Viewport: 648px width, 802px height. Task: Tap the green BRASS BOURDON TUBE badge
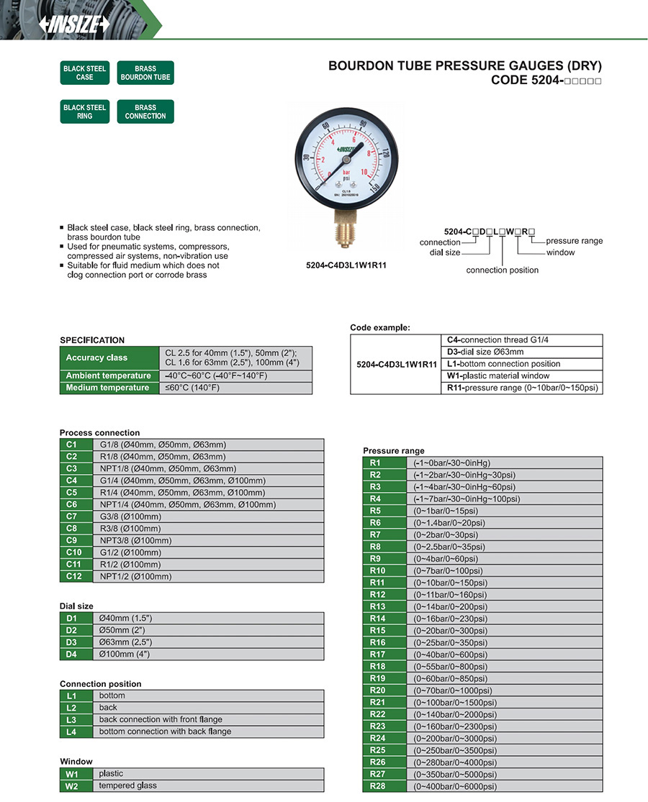(145, 73)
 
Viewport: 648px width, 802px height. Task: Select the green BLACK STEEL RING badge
(85, 111)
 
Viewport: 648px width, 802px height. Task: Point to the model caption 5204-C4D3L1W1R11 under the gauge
(346, 265)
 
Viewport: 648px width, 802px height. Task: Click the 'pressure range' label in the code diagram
(574, 241)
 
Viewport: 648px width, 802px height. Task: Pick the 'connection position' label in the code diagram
(502, 270)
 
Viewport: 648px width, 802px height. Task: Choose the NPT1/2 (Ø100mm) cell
(135, 576)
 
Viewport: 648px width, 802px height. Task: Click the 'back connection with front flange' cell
(161, 719)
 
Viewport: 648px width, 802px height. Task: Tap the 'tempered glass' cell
(127, 785)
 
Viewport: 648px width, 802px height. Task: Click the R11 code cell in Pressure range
(378, 583)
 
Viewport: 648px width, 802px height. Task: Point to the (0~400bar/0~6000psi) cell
(455, 786)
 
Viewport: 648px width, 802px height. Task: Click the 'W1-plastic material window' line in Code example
(498, 376)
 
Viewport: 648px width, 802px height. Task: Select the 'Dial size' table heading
(76, 606)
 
